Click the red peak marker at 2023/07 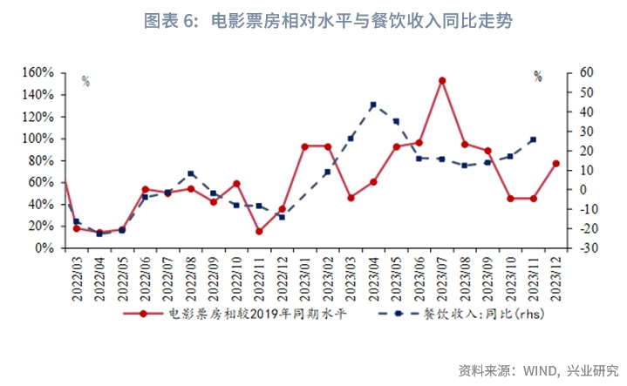tap(442, 80)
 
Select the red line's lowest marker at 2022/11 tap(259, 231)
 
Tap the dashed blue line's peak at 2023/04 tap(373, 105)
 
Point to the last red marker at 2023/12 tap(555, 163)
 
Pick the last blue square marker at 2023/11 tap(533, 139)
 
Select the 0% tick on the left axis tap(49, 248)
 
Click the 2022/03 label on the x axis tap(78, 274)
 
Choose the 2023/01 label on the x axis tap(305, 274)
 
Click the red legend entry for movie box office tap(235, 314)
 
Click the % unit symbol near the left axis tap(85, 81)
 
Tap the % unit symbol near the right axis tap(538, 77)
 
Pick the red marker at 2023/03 tap(351, 198)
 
